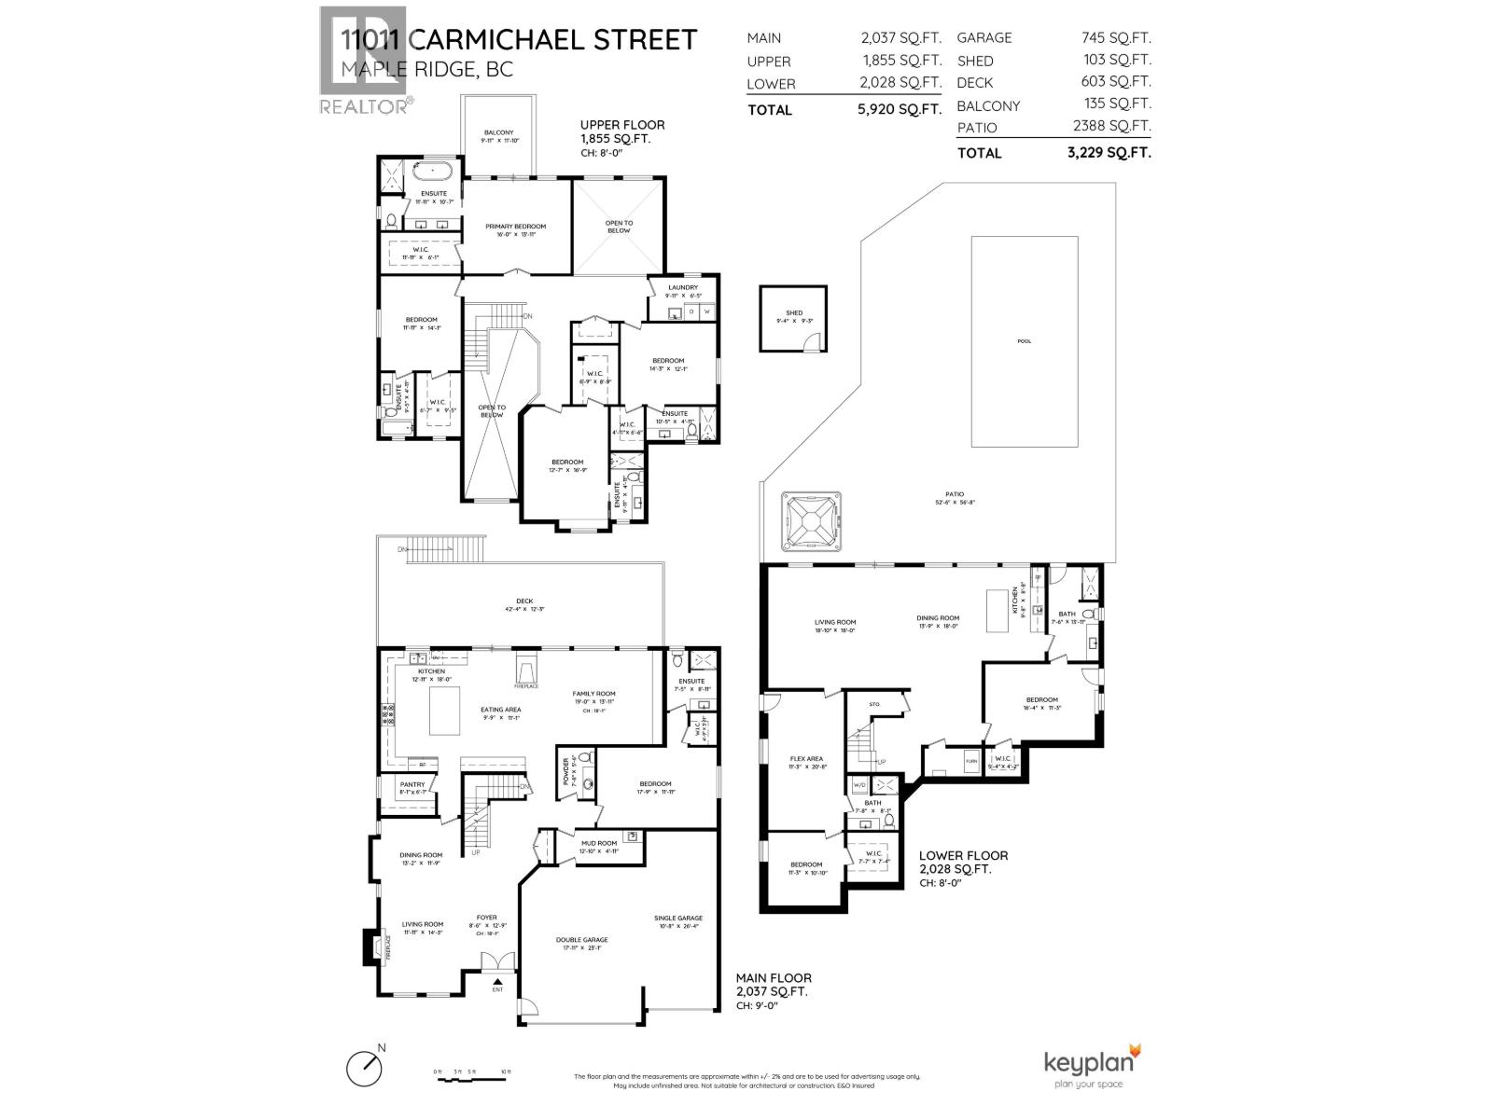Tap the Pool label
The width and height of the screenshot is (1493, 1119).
click(1025, 341)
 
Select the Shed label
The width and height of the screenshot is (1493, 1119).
click(794, 313)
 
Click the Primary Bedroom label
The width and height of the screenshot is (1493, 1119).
click(515, 227)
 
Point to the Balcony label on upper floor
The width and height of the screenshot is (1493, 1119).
click(499, 132)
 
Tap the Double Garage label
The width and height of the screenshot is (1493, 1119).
click(582, 940)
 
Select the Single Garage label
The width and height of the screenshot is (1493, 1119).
click(678, 919)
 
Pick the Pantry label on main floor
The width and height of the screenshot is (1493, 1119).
click(412, 785)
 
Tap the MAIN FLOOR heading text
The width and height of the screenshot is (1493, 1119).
click(774, 978)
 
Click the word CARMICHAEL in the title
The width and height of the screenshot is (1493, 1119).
click(553, 40)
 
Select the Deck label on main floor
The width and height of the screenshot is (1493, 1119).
click(524, 601)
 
